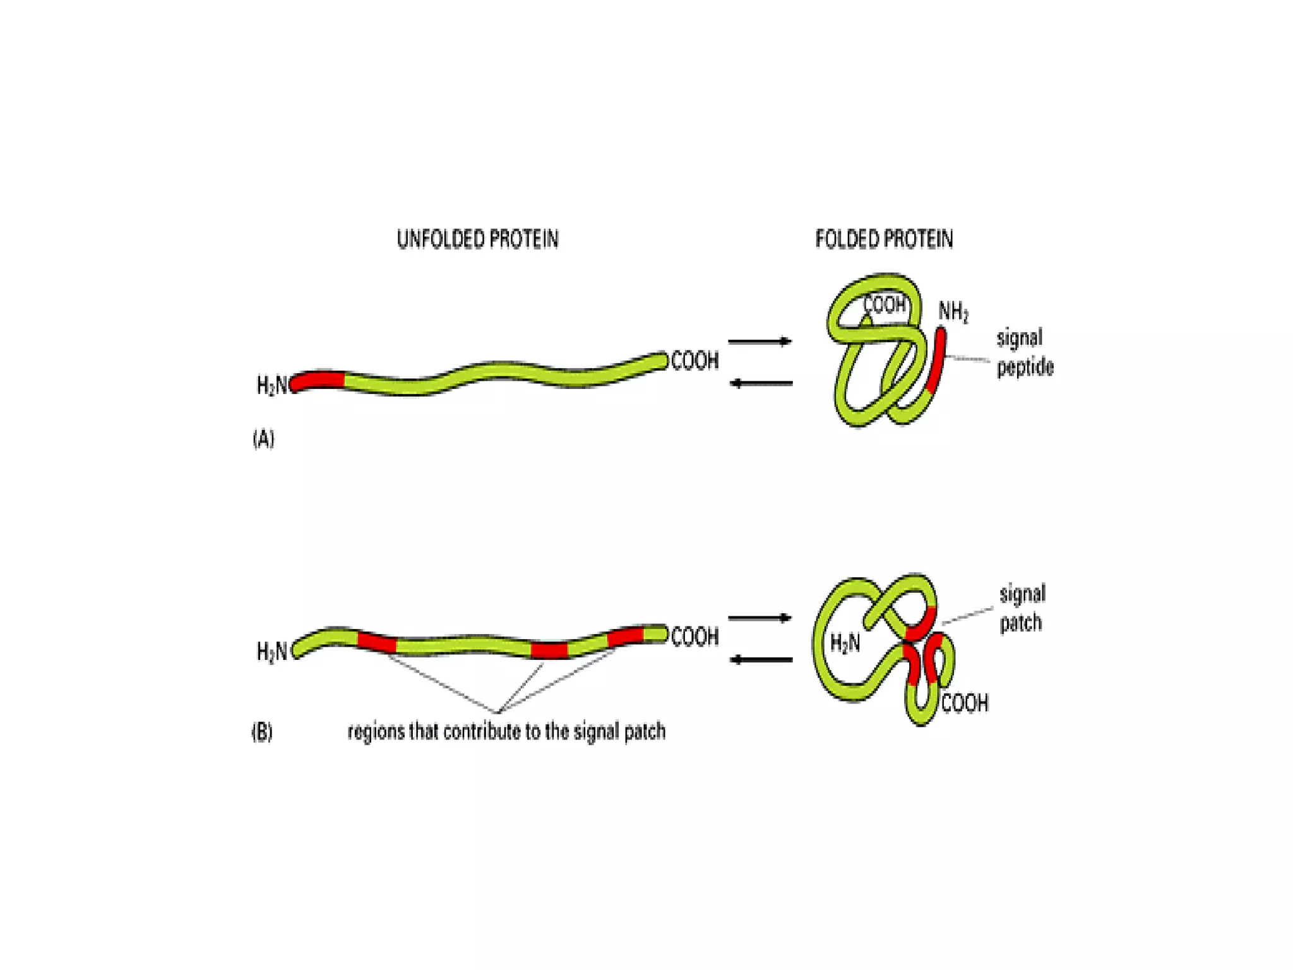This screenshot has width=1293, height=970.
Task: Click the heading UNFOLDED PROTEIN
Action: click(477, 239)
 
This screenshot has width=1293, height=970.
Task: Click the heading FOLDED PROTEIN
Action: click(884, 239)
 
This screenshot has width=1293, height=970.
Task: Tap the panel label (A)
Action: click(263, 438)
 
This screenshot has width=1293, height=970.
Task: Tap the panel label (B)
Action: click(262, 732)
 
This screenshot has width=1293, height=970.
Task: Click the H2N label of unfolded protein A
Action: click(272, 385)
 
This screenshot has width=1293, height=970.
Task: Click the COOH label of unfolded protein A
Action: click(694, 361)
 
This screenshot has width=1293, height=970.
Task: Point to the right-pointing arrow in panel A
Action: click(760, 342)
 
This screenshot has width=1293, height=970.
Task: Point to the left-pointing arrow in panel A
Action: click(761, 383)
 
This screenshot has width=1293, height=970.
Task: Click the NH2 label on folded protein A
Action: click(953, 312)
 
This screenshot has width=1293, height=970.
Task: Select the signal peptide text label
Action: click(1024, 352)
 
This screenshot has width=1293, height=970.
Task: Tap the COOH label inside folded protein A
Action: click(884, 305)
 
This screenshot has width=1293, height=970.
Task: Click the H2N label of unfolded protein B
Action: click(272, 651)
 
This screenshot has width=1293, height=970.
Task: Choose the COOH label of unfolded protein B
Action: click(694, 637)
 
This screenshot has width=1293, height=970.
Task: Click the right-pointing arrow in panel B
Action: click(760, 618)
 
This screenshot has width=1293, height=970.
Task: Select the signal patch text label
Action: click(1022, 608)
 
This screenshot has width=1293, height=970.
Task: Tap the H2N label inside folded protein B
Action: click(845, 644)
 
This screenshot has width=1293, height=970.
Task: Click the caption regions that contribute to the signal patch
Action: click(506, 731)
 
